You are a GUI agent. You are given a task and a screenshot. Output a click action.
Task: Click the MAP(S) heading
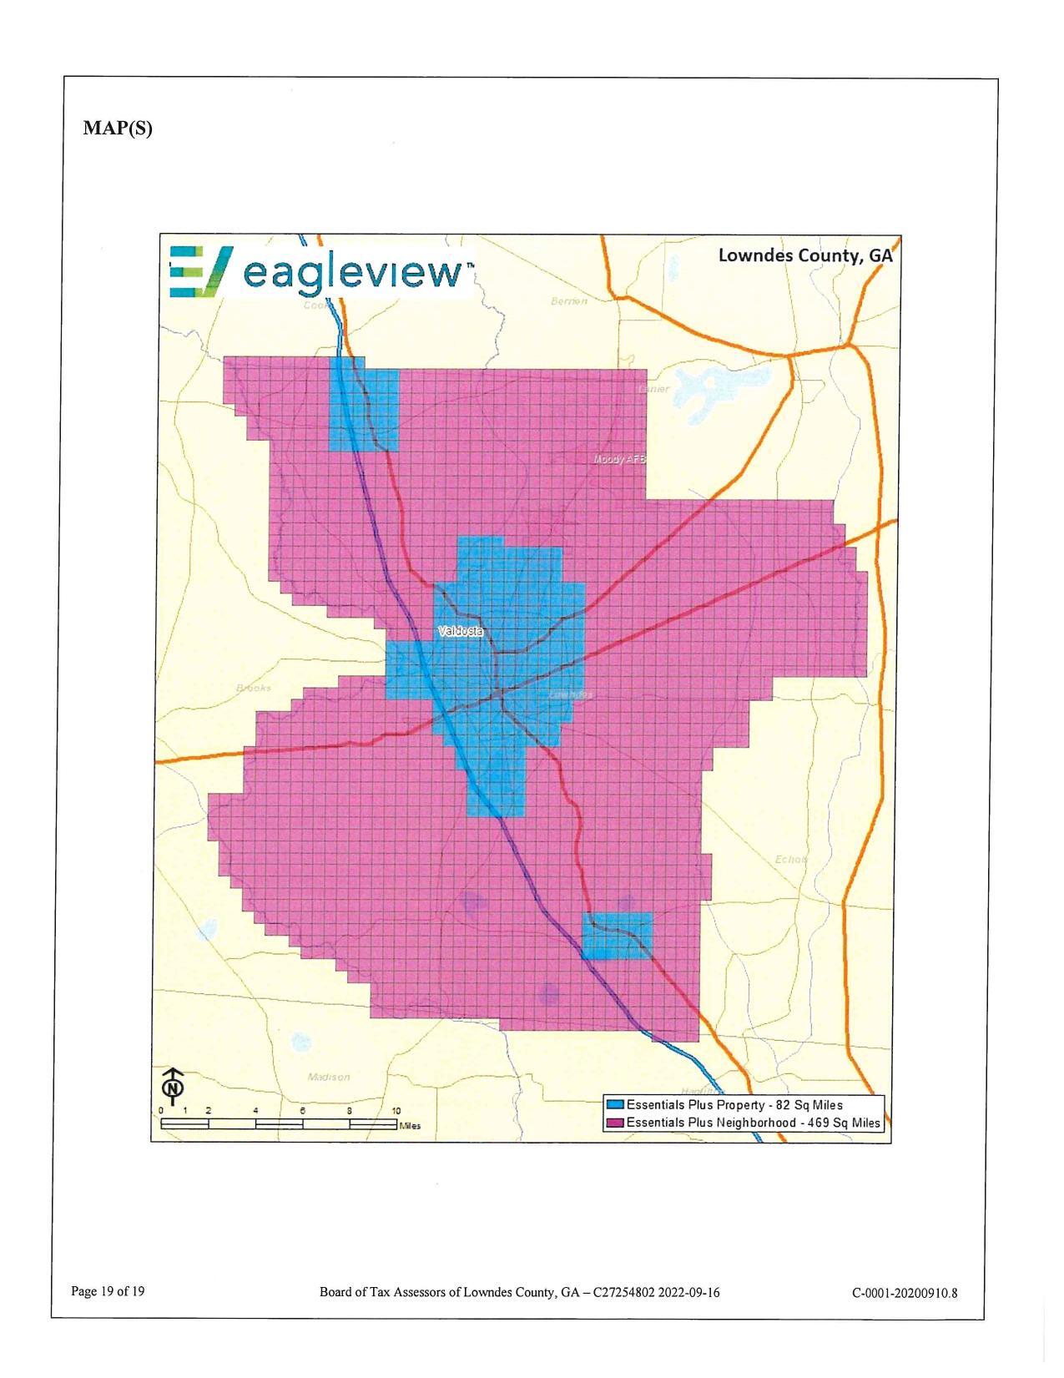point(118,128)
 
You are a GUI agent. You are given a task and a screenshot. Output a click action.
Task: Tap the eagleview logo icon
point(199,271)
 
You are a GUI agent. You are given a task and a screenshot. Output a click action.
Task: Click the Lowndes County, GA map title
point(804,255)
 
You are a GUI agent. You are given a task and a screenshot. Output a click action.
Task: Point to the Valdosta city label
point(461,632)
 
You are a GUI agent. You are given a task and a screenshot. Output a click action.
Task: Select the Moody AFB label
point(619,460)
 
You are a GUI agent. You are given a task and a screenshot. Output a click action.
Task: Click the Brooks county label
point(254,688)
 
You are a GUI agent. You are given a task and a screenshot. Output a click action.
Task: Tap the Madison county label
point(329,1077)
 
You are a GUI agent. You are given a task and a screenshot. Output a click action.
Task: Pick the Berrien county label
point(569,300)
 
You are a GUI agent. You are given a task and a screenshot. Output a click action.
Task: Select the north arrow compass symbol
point(173,1086)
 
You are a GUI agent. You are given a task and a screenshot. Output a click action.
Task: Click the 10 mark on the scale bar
point(396,1111)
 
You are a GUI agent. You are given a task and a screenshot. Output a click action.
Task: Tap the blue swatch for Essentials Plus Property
point(616,1105)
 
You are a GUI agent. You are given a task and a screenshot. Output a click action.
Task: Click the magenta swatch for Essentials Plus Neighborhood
point(616,1123)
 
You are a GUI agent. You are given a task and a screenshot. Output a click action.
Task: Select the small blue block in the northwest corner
point(364,405)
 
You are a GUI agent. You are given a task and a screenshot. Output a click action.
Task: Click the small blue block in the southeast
point(617,936)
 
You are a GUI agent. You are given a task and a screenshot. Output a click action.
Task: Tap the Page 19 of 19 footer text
point(108,1292)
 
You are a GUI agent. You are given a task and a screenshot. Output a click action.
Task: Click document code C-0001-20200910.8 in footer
point(905,1294)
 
